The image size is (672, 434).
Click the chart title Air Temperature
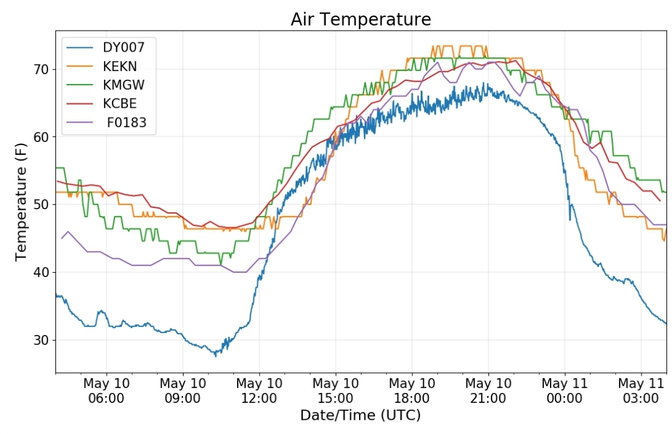coord(360,19)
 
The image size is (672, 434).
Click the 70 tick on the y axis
coord(42,70)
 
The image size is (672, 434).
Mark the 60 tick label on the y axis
coord(42,137)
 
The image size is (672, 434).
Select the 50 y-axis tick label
coord(42,205)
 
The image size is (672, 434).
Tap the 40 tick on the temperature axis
coord(42,272)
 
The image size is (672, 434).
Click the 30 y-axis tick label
coord(42,340)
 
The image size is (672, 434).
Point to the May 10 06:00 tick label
coord(106,390)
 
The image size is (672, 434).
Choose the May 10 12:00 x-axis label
coord(259,390)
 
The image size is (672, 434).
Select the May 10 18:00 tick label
coord(412,390)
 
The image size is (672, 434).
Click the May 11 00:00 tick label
coord(564,390)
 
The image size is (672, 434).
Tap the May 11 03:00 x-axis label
coord(641,390)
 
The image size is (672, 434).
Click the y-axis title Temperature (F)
coord(21,202)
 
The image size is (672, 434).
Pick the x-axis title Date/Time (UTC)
coord(360,415)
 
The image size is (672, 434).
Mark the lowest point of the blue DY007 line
coord(215,356)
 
